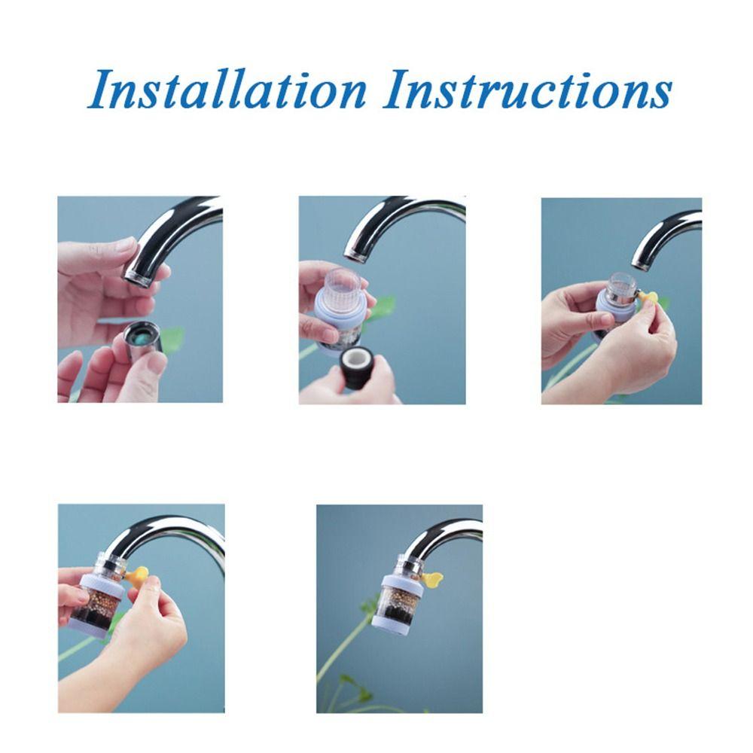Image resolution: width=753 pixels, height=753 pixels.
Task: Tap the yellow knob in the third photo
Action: click(x=648, y=298)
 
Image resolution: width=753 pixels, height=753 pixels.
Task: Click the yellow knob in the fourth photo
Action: click(x=137, y=578)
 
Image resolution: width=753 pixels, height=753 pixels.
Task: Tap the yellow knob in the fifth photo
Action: click(x=431, y=580)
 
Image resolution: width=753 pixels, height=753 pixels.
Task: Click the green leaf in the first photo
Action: click(x=173, y=339)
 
